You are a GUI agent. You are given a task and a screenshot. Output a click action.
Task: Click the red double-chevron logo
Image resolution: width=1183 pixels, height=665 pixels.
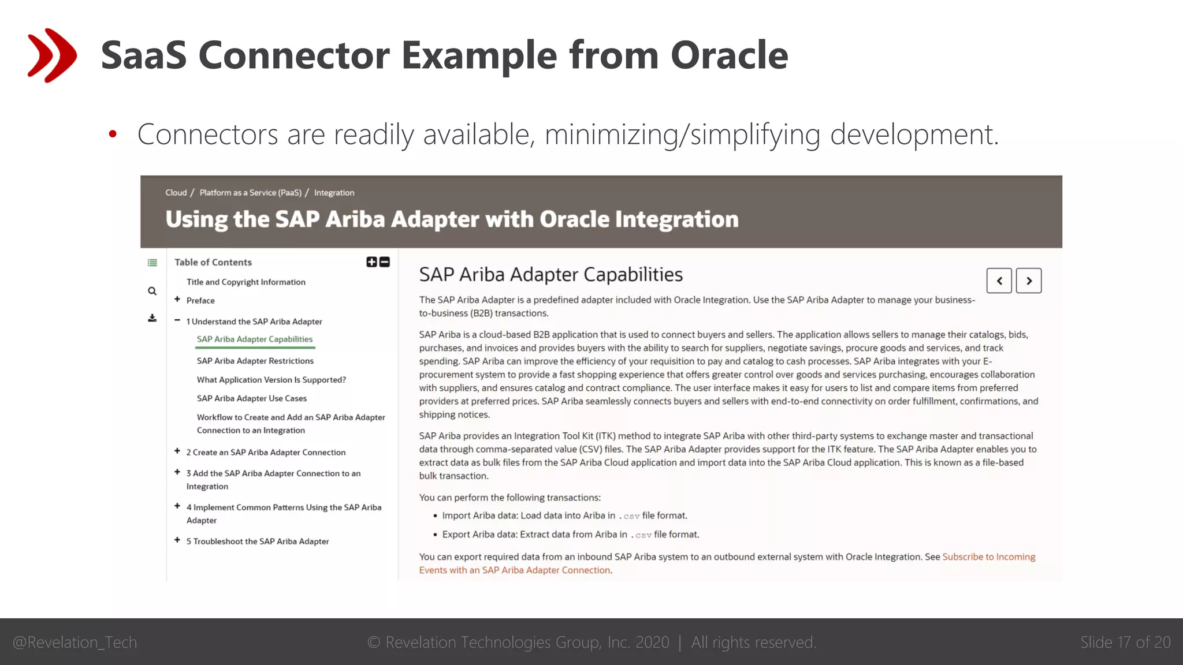[x=52, y=55]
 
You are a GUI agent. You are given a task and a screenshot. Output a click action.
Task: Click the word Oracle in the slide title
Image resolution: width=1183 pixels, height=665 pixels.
[x=729, y=55]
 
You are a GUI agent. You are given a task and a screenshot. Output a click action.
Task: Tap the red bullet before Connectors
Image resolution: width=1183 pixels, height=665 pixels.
[x=113, y=135]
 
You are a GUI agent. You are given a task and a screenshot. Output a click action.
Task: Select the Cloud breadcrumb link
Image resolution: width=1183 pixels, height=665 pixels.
[x=176, y=193]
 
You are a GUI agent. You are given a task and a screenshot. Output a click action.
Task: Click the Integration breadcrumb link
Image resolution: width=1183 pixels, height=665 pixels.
[x=334, y=193]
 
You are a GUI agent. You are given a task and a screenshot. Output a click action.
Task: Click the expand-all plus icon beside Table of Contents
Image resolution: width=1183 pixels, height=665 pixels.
[x=371, y=262]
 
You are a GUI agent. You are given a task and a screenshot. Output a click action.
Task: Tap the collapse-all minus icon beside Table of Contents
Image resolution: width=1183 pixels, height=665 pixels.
[x=385, y=262]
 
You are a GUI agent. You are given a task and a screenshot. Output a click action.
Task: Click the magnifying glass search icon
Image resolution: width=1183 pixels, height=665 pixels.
[x=152, y=291]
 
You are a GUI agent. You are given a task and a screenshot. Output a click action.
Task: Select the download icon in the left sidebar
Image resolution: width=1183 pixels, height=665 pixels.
[x=152, y=318]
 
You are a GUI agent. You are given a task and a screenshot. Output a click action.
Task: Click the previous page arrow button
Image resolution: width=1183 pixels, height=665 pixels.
[x=999, y=281]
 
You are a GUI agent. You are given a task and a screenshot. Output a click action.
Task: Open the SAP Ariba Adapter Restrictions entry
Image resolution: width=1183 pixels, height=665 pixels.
[x=255, y=361]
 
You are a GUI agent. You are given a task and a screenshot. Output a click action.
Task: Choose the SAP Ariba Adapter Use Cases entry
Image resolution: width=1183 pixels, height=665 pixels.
[x=251, y=398]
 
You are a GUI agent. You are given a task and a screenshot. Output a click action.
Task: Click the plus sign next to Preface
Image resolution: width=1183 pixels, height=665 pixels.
[x=177, y=300]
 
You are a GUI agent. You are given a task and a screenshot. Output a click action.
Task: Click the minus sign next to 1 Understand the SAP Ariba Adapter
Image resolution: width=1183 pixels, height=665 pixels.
[x=177, y=320]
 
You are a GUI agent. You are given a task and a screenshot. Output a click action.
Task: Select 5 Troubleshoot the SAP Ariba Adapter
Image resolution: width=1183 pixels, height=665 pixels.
[x=257, y=541]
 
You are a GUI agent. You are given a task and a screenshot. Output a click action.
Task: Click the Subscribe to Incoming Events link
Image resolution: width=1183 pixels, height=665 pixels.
[x=988, y=557]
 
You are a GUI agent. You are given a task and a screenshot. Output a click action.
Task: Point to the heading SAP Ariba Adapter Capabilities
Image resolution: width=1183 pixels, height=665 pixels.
[x=550, y=275]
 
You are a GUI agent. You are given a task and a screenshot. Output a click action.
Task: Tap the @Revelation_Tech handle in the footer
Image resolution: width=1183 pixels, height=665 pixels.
[x=75, y=642]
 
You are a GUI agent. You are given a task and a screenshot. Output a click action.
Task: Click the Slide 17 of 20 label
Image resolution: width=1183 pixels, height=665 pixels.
[x=1125, y=642]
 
